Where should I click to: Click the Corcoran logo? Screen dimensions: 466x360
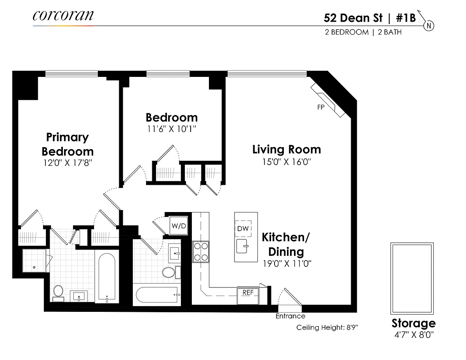pos(63,16)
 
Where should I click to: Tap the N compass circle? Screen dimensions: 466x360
pos(429,26)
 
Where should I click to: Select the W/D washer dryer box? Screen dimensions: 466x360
pos(179,226)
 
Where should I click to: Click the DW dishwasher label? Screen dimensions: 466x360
pos(243,229)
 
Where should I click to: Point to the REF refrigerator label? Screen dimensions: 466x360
pos(248,292)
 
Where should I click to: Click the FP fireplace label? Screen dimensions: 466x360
pos(321,107)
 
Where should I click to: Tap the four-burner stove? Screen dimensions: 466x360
pos(201,252)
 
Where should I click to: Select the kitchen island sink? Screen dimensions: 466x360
pos(242,246)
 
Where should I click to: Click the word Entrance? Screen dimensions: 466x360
pos(290,316)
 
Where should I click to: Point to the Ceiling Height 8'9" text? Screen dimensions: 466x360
pos(327,327)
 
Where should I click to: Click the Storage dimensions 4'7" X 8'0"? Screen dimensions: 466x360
pos(414,335)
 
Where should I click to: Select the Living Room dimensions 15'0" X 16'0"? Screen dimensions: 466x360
pos(287,162)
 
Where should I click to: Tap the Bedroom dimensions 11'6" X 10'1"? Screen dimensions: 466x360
pos(171,129)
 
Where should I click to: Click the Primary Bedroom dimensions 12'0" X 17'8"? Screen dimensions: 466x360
pos(68,163)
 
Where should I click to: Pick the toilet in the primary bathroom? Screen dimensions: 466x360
pos(58,293)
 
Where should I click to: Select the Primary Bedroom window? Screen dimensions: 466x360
pos(71,73)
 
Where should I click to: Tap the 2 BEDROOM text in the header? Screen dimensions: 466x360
pos(346,32)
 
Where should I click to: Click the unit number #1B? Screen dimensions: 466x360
pos(406,18)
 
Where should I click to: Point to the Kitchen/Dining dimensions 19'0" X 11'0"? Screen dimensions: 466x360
pos(287,264)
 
